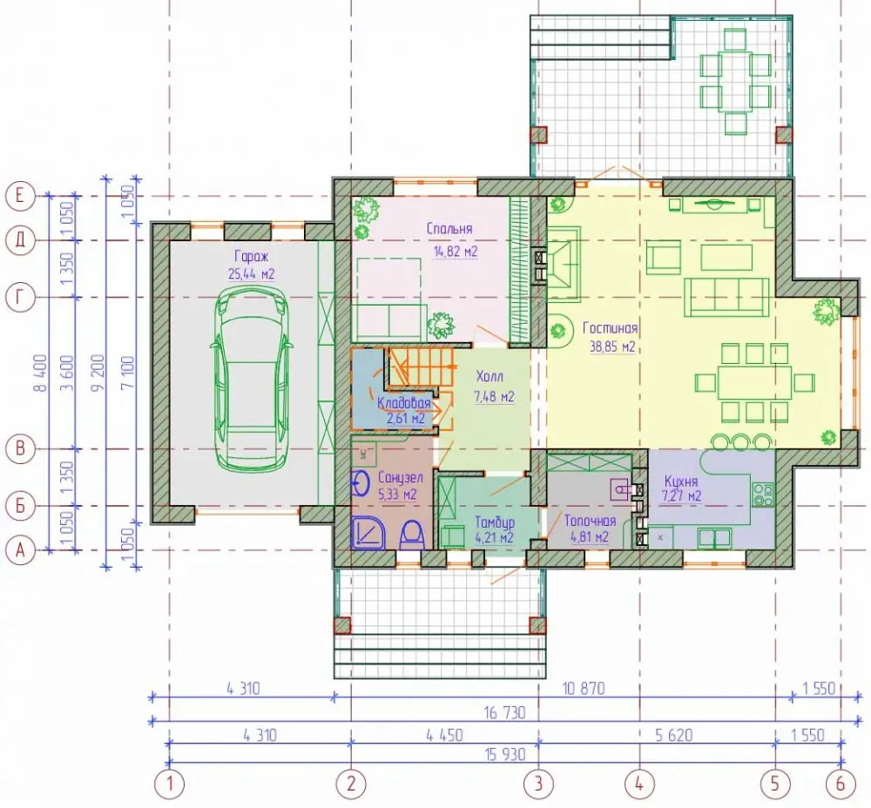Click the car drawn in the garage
pyautogui.click(x=251, y=379)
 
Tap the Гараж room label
pyautogui.click(x=251, y=257)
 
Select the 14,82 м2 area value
pyautogui.click(x=456, y=252)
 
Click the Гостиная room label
pyautogui.click(x=610, y=328)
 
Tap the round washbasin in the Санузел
pyautogui.click(x=361, y=482)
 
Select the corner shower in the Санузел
pyautogui.click(x=368, y=533)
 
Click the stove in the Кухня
pyautogui.click(x=763, y=495)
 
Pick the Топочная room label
pyautogui.click(x=590, y=521)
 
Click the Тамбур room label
pyautogui.click(x=495, y=522)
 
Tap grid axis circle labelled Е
pyautogui.click(x=20, y=196)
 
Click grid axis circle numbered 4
pyautogui.click(x=639, y=784)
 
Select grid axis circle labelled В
pyautogui.click(x=20, y=448)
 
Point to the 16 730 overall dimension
pyautogui.click(x=504, y=712)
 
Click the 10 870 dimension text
pyautogui.click(x=584, y=689)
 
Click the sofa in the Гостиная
pyautogui.click(x=726, y=295)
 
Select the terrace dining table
pyautogui.click(x=735, y=81)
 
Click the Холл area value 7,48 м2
pyautogui.click(x=494, y=396)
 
